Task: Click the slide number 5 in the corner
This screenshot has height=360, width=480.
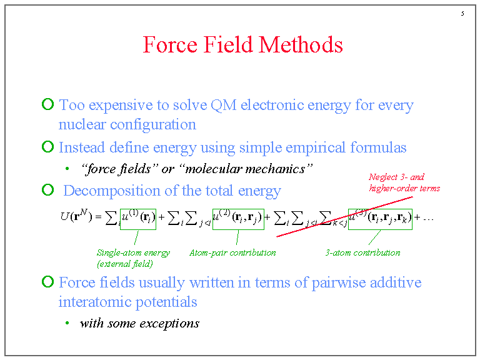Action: click(462, 14)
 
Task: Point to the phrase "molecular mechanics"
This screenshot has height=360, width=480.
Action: click(254, 169)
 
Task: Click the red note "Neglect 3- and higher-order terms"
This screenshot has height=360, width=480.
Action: click(404, 182)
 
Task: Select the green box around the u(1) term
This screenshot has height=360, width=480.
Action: click(138, 217)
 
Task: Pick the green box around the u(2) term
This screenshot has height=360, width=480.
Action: click(238, 217)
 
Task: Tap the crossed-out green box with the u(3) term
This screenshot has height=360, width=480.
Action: click(380, 217)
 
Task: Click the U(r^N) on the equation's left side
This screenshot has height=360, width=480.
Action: click(76, 217)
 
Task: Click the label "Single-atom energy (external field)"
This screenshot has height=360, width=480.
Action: click(132, 258)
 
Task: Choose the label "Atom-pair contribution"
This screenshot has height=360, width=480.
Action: click(232, 253)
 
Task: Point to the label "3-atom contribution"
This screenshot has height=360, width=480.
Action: click(362, 253)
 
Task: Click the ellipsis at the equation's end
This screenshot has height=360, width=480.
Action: click(428, 219)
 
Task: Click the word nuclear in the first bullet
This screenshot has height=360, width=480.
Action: click(82, 124)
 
